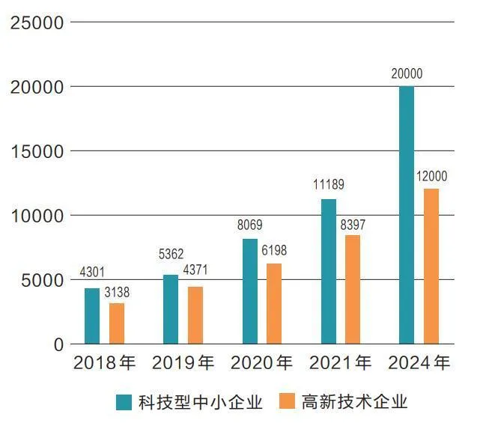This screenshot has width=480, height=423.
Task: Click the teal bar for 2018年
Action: (92, 316)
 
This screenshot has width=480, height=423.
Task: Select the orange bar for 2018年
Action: (117, 323)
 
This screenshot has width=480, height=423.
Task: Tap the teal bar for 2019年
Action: (171, 309)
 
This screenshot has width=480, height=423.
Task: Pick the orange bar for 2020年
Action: (274, 303)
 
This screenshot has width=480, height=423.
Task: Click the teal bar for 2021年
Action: (328, 271)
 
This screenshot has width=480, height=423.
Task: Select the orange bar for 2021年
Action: (353, 289)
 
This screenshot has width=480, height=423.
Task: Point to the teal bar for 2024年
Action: (407, 215)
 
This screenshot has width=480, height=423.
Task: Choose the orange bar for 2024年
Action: (431, 266)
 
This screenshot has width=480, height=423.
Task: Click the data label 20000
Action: (407, 74)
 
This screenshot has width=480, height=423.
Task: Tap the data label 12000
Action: (431, 177)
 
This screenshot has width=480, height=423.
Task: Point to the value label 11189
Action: (329, 185)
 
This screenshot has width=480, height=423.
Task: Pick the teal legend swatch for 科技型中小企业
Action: (124, 402)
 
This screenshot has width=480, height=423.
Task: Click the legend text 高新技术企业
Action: (355, 402)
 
